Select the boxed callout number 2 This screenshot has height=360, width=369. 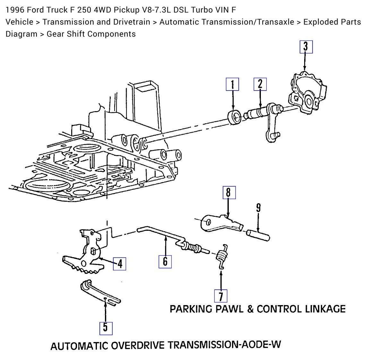click(x=260, y=84)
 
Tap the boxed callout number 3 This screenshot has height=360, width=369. click(x=306, y=47)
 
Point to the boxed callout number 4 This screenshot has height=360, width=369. click(x=119, y=264)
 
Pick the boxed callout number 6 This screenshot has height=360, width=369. click(x=165, y=261)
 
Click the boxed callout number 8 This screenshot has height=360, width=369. click(x=228, y=192)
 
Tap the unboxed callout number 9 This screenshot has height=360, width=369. click(x=258, y=208)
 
